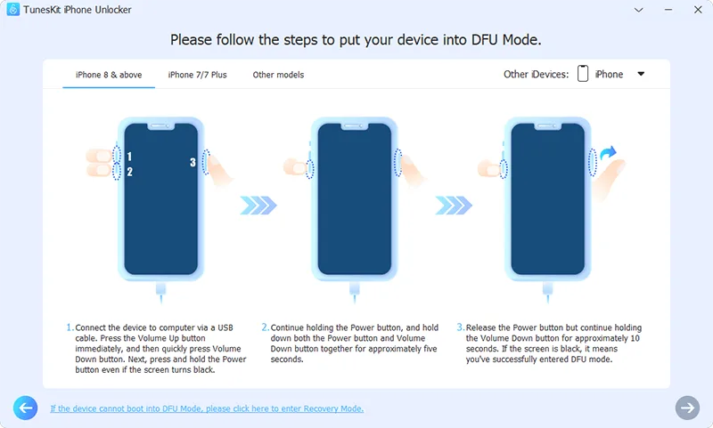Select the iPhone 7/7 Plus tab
pyautogui.click(x=197, y=75)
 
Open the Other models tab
pyautogui.click(x=278, y=75)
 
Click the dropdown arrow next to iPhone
pyautogui.click(x=641, y=75)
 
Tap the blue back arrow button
pyautogui.click(x=26, y=408)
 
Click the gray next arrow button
pyautogui.click(x=686, y=408)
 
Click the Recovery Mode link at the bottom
pyautogui.click(x=207, y=408)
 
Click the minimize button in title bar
pyautogui.click(x=665, y=10)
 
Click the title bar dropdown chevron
pyautogui.click(x=639, y=10)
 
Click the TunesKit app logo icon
pyautogui.click(x=12, y=10)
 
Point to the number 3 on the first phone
pyautogui.click(x=192, y=162)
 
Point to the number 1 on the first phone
pyautogui.click(x=129, y=157)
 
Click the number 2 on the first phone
pyautogui.click(x=129, y=172)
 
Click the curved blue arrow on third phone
pyautogui.click(x=609, y=157)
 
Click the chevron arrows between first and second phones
pyautogui.click(x=259, y=206)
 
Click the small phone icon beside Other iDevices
pyautogui.click(x=583, y=75)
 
